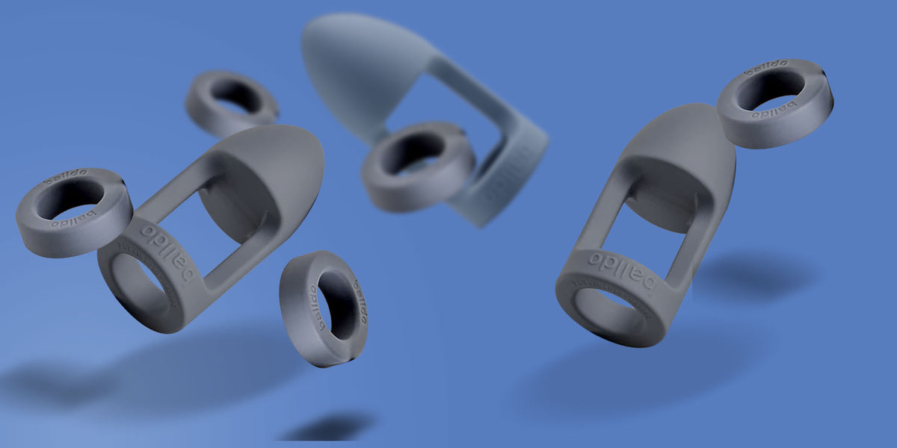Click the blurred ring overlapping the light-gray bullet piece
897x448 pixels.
point(419,167)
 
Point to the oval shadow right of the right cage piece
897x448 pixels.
point(755,276)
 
